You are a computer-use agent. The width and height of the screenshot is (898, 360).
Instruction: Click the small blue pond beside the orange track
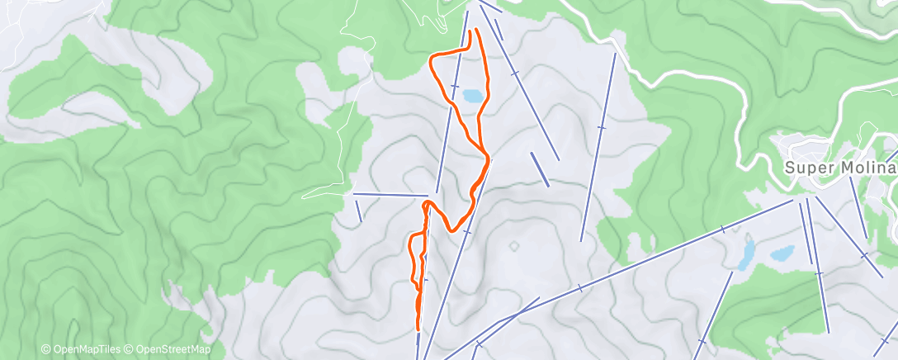pos(473,96)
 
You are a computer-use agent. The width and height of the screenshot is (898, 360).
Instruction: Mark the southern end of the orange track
pos(418,328)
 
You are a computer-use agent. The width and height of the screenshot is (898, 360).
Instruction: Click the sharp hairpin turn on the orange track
pos(426,203)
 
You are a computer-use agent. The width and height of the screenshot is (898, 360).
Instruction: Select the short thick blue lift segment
pos(540,168)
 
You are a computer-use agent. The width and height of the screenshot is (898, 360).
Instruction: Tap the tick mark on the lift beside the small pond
pos(454,86)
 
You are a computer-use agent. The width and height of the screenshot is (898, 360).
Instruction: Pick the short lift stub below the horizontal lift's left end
pos(359,211)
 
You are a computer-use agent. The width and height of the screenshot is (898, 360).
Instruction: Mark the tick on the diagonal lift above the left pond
pos(723,227)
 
